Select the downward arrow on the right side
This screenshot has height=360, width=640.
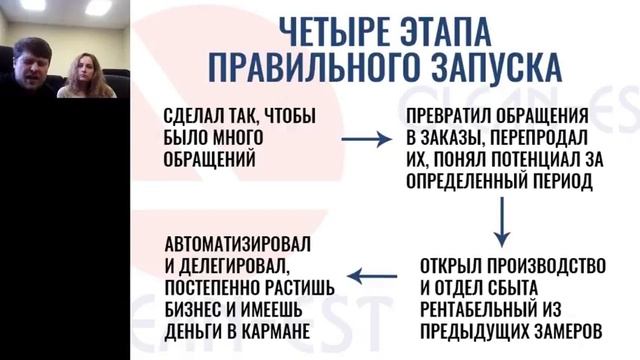pyautogui.click(x=501, y=221)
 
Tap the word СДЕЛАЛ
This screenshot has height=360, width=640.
pyautogui.click(x=193, y=117)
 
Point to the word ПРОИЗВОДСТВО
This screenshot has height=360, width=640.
pyautogui.click(x=551, y=267)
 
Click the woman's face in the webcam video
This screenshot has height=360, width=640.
pyautogui.click(x=77, y=66)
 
